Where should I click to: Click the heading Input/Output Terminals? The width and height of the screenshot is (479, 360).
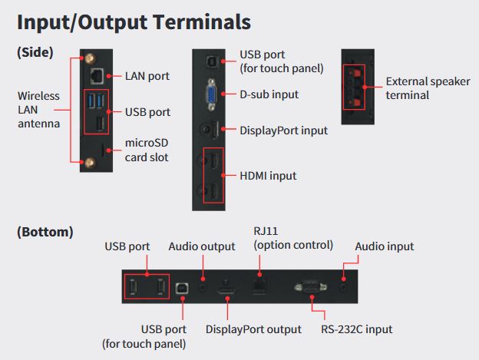coord(134,21)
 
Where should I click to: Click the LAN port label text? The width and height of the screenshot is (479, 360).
coord(147,76)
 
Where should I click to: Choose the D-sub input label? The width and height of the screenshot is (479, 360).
coord(269,94)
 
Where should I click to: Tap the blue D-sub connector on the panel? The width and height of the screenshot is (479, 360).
coord(210,94)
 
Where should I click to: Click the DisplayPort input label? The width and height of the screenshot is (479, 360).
coord(283,130)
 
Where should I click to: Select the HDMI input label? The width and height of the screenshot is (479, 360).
coord(268,176)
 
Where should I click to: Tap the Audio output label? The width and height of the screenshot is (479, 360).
coord(202,246)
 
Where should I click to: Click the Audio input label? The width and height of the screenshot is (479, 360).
coord(384,246)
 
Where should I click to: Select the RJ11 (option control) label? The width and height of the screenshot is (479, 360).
coord(293,238)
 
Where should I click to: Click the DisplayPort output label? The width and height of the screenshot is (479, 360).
coord(253,329)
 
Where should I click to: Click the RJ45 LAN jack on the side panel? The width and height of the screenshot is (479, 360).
coord(96,75)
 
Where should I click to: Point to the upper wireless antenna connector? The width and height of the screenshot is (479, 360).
coord(86,58)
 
